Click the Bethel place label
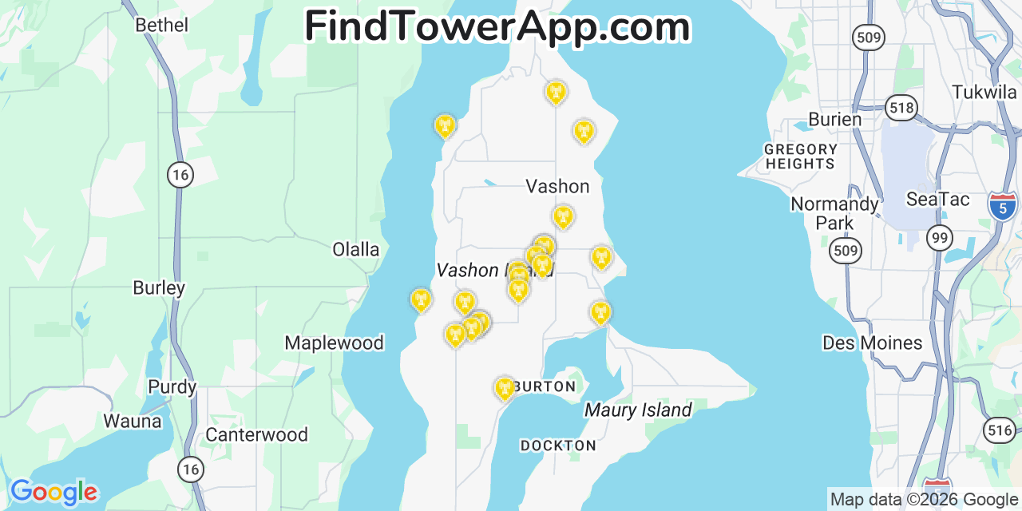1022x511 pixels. (x=161, y=25)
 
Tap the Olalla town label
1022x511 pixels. (x=355, y=249)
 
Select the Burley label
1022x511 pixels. (x=159, y=287)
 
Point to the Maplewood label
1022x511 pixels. (x=334, y=343)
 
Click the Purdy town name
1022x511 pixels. (x=172, y=387)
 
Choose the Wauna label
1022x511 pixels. (x=132, y=421)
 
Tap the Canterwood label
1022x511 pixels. (x=256, y=434)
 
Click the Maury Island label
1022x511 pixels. (x=638, y=410)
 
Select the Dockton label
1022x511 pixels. (x=558, y=446)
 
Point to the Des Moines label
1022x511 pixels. (x=872, y=343)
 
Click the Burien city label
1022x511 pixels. (x=834, y=119)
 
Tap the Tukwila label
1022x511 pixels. (x=984, y=92)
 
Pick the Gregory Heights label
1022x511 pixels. (x=800, y=156)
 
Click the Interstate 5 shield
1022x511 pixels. (x=1002, y=205)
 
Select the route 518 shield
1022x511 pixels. (x=901, y=108)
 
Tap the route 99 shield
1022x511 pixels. (x=939, y=237)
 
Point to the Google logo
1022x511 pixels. (x=53, y=492)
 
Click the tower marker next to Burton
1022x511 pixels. (x=504, y=389)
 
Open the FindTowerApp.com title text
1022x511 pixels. (x=497, y=26)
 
